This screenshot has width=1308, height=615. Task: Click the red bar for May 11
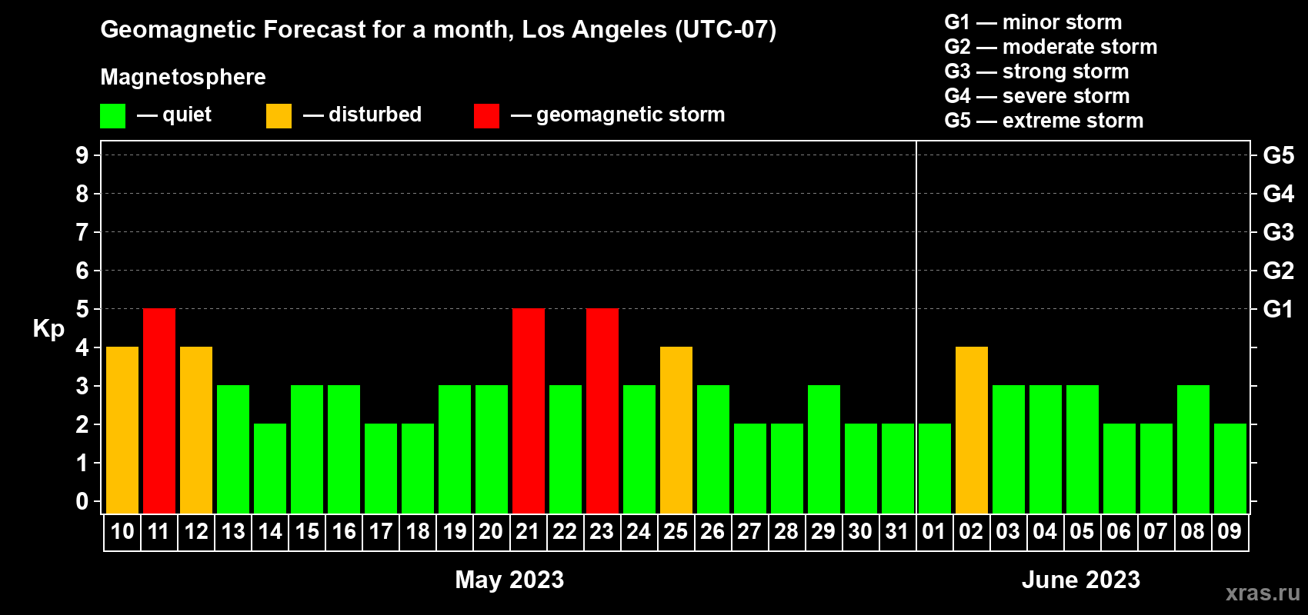click(x=159, y=411)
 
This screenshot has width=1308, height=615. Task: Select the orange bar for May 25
click(x=676, y=430)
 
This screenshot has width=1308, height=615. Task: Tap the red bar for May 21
click(x=529, y=411)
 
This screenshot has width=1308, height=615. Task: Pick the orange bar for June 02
click(x=972, y=430)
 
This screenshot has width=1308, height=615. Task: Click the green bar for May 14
click(x=270, y=468)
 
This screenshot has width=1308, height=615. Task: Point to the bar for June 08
click(x=1193, y=449)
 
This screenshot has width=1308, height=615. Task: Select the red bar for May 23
click(x=602, y=411)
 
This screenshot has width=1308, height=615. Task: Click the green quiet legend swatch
click(x=112, y=115)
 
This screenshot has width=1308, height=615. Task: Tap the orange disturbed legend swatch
click(x=279, y=115)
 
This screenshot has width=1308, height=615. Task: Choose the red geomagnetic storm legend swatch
click(x=486, y=115)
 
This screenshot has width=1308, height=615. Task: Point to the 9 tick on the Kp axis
click(x=82, y=155)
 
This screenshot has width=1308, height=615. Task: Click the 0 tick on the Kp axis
click(x=82, y=501)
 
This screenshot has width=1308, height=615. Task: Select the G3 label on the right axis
click(x=1278, y=232)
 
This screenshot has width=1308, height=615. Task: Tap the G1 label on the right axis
click(x=1278, y=309)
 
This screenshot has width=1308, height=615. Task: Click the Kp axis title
click(x=48, y=329)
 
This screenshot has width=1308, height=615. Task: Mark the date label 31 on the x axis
click(x=897, y=531)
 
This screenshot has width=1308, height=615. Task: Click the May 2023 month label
click(x=509, y=580)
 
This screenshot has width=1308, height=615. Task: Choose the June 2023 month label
click(x=1081, y=580)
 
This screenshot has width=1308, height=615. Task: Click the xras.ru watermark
click(x=1263, y=593)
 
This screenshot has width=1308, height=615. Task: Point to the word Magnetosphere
click(x=183, y=78)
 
